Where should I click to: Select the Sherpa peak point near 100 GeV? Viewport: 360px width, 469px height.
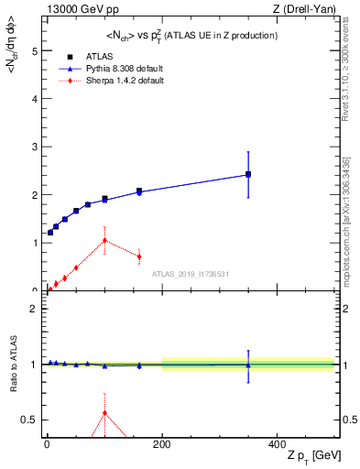[x=104, y=240]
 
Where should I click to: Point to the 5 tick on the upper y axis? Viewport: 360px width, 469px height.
[x=34, y=51]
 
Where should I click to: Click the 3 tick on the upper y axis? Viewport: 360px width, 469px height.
[x=34, y=147]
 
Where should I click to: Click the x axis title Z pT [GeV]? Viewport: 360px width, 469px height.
[x=300, y=457]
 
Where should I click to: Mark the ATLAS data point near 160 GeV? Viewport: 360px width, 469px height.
[x=139, y=191]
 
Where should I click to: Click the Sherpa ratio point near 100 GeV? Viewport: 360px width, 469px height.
[x=104, y=412]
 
